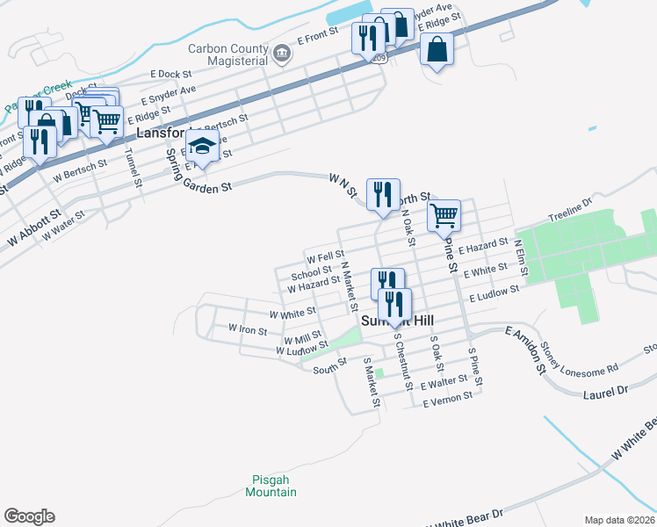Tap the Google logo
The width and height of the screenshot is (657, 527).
tap(29, 516)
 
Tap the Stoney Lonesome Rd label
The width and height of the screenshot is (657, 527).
tap(581, 356)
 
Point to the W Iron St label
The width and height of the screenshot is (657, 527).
tap(247, 328)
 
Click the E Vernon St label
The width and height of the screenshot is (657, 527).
tap(448, 400)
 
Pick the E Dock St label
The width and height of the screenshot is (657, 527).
tap(170, 75)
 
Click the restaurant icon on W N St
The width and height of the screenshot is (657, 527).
tap(382, 195)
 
